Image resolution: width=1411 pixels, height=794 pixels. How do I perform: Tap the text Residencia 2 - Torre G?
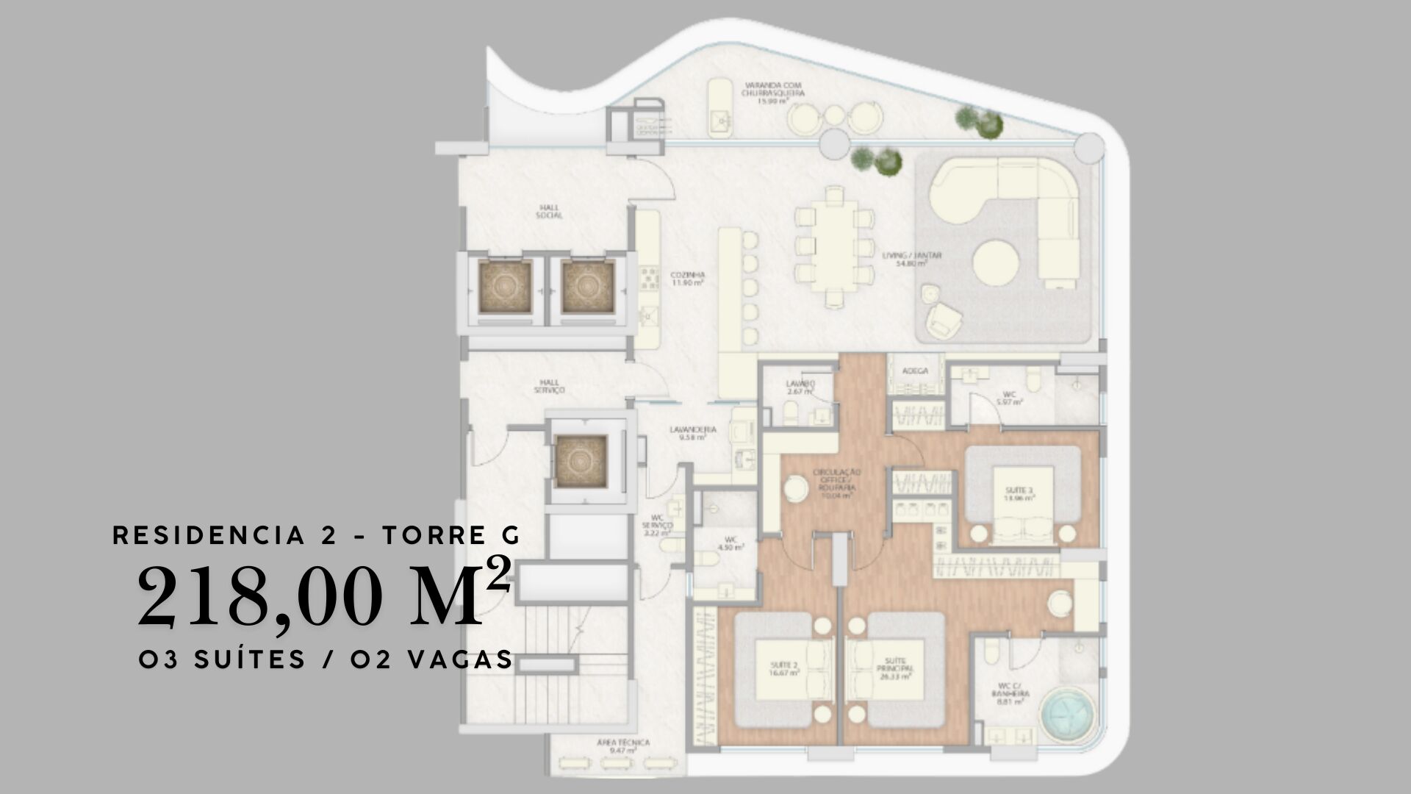[x=316, y=535]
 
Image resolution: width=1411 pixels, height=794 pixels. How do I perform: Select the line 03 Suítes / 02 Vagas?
[x=326, y=659]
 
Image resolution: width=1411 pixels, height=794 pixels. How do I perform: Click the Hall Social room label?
[x=549, y=212]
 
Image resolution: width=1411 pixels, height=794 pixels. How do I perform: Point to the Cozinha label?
[x=687, y=278]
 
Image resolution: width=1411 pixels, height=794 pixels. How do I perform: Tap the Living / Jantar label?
[x=912, y=260]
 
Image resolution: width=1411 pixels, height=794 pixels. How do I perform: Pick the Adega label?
[x=915, y=371]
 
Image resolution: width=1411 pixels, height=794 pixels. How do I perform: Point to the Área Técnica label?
[x=622, y=746]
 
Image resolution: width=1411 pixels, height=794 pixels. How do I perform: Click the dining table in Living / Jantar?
[x=835, y=246]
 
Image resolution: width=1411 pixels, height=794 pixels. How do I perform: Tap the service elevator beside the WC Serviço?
[x=581, y=462]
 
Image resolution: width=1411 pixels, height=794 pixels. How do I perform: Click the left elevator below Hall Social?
[x=505, y=287]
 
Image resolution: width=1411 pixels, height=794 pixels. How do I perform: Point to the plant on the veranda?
[x=980, y=121]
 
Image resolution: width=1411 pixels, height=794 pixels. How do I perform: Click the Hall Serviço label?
[x=549, y=387]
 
